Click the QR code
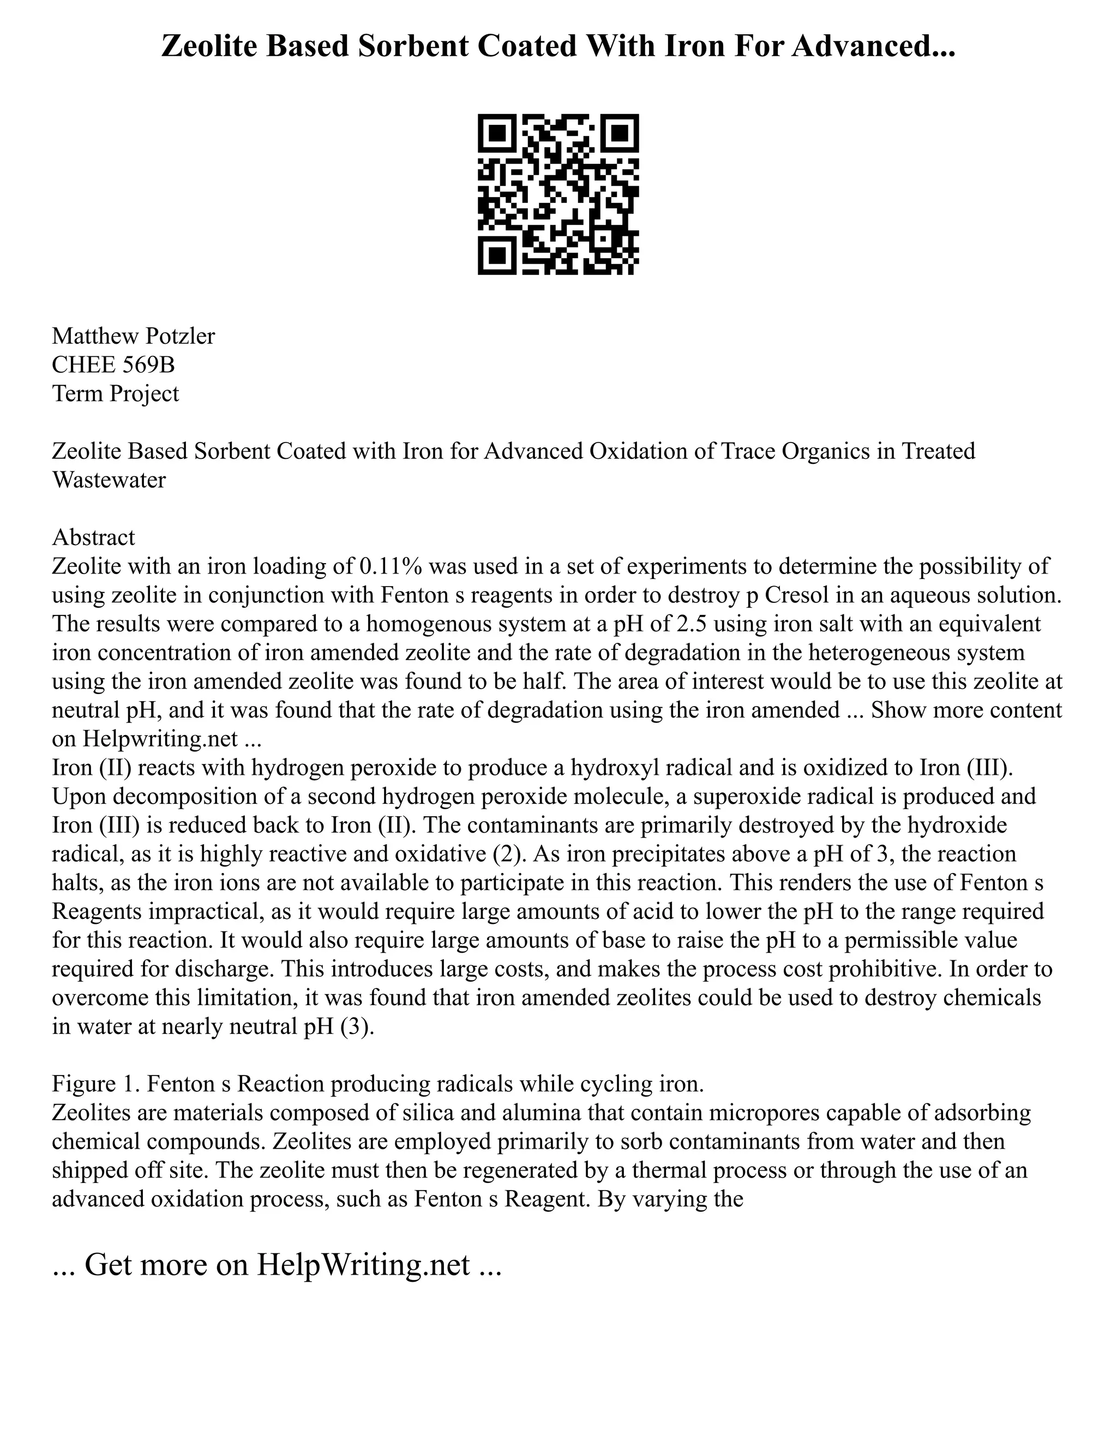[x=558, y=194]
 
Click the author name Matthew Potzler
[x=133, y=336]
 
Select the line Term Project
[x=115, y=393]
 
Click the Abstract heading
[x=93, y=537]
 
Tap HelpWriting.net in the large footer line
[x=363, y=1264]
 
